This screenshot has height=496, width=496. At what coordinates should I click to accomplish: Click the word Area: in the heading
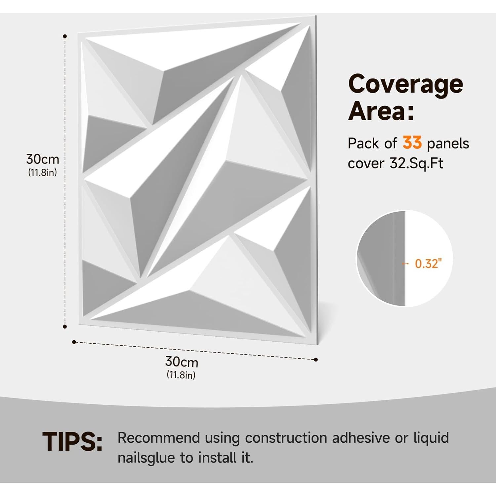click(381, 111)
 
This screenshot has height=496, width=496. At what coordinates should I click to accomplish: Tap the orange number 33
click(412, 143)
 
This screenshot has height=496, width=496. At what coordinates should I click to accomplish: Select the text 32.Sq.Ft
click(416, 163)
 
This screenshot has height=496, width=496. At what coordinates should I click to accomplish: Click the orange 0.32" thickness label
click(428, 264)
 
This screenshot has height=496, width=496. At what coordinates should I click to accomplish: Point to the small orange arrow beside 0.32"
click(405, 264)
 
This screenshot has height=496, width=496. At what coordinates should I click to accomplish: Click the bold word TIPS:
click(72, 442)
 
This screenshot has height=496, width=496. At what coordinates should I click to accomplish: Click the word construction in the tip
click(286, 438)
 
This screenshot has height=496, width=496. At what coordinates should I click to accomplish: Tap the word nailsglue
click(146, 458)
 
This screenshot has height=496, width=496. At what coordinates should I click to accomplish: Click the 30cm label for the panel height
click(42, 159)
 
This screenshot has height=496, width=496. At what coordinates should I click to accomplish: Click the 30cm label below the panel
click(182, 362)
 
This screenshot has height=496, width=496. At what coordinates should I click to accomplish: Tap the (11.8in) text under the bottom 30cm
click(181, 375)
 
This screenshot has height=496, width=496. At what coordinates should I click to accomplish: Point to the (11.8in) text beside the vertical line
click(42, 172)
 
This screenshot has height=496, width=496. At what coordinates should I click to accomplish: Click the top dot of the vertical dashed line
click(65, 36)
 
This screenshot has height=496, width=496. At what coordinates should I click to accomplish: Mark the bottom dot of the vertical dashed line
click(65, 327)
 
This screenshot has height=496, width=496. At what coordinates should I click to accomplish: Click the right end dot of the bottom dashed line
click(316, 359)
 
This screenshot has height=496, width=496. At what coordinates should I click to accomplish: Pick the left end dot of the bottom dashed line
click(74, 342)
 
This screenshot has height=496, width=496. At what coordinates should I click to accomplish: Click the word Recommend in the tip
click(159, 438)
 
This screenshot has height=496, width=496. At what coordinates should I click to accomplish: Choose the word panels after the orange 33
click(448, 144)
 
